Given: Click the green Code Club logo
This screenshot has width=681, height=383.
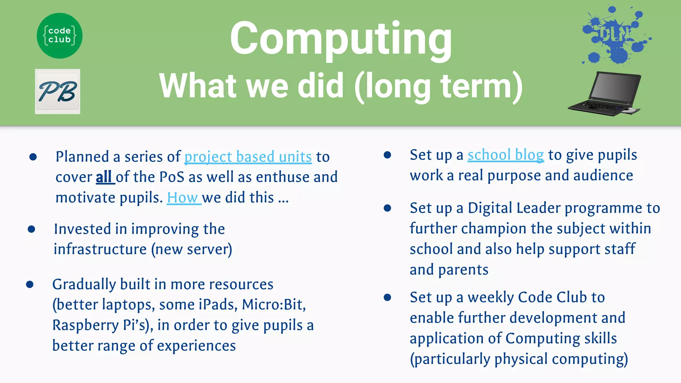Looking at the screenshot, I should tap(60, 36).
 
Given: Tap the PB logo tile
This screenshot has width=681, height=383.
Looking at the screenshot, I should tap(58, 91).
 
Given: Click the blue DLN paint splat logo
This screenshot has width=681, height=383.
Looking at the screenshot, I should tap(615, 35).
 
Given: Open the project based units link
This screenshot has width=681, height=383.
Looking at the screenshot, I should tap(248, 157).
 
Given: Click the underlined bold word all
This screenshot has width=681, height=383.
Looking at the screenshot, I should tap(104, 177).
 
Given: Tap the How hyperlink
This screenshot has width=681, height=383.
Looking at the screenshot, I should tap(183, 198).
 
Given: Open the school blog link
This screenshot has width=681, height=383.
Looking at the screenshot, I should tap(505, 155).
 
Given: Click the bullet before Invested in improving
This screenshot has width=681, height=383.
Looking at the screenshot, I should tap(32, 229).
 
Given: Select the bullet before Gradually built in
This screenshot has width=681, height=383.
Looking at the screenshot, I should tap(30, 284).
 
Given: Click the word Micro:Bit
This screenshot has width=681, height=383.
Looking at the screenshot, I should tap(273, 305).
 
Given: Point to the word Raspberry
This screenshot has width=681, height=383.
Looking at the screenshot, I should tap(85, 325).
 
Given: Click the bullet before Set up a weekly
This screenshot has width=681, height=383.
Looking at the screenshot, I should tap(387, 297).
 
